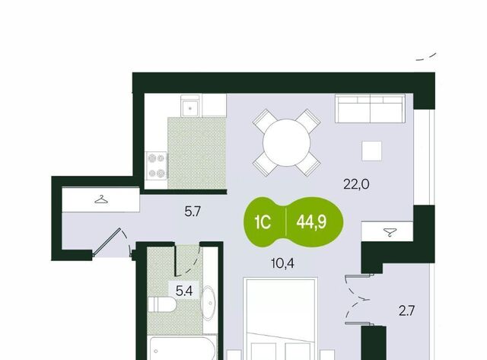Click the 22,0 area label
356,184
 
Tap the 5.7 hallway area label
193,212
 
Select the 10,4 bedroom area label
282,263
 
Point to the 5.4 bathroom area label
184,291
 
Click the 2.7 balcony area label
407,311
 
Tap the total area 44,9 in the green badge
311,222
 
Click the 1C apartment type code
263,222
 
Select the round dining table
286,143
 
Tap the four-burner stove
157,166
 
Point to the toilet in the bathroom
162,304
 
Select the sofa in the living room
371,109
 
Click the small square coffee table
372,151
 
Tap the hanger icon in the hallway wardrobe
101,199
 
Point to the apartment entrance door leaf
107,242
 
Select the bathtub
182,348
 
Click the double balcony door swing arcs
354,299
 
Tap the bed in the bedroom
281,319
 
